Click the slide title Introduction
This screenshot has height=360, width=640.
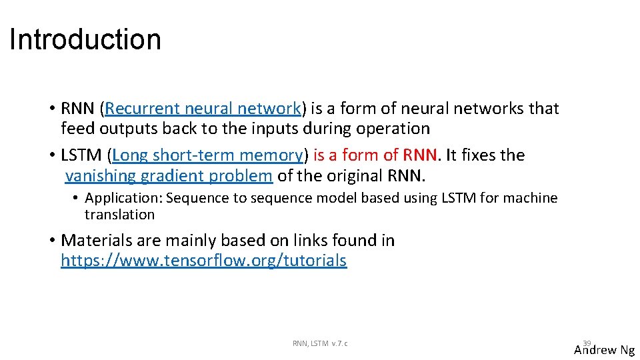click(x=85, y=39)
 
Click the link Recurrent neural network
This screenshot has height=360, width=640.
click(x=203, y=109)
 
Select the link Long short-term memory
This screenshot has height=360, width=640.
click(x=207, y=155)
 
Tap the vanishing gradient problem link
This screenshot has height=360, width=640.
click(x=169, y=176)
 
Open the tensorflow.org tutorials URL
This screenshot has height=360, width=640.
click(x=203, y=261)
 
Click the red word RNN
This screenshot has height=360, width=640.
click(x=420, y=155)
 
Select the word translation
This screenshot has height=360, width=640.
click(x=119, y=215)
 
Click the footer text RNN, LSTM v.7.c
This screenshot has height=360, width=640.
click(x=320, y=343)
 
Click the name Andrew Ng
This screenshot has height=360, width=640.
click(x=605, y=350)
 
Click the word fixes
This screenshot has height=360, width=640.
click(x=475, y=155)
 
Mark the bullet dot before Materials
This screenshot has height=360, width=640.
click(x=51, y=241)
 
